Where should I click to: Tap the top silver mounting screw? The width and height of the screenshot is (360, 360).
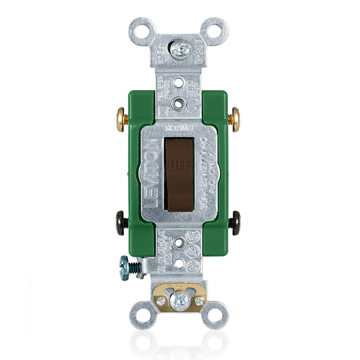tap(180, 50)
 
